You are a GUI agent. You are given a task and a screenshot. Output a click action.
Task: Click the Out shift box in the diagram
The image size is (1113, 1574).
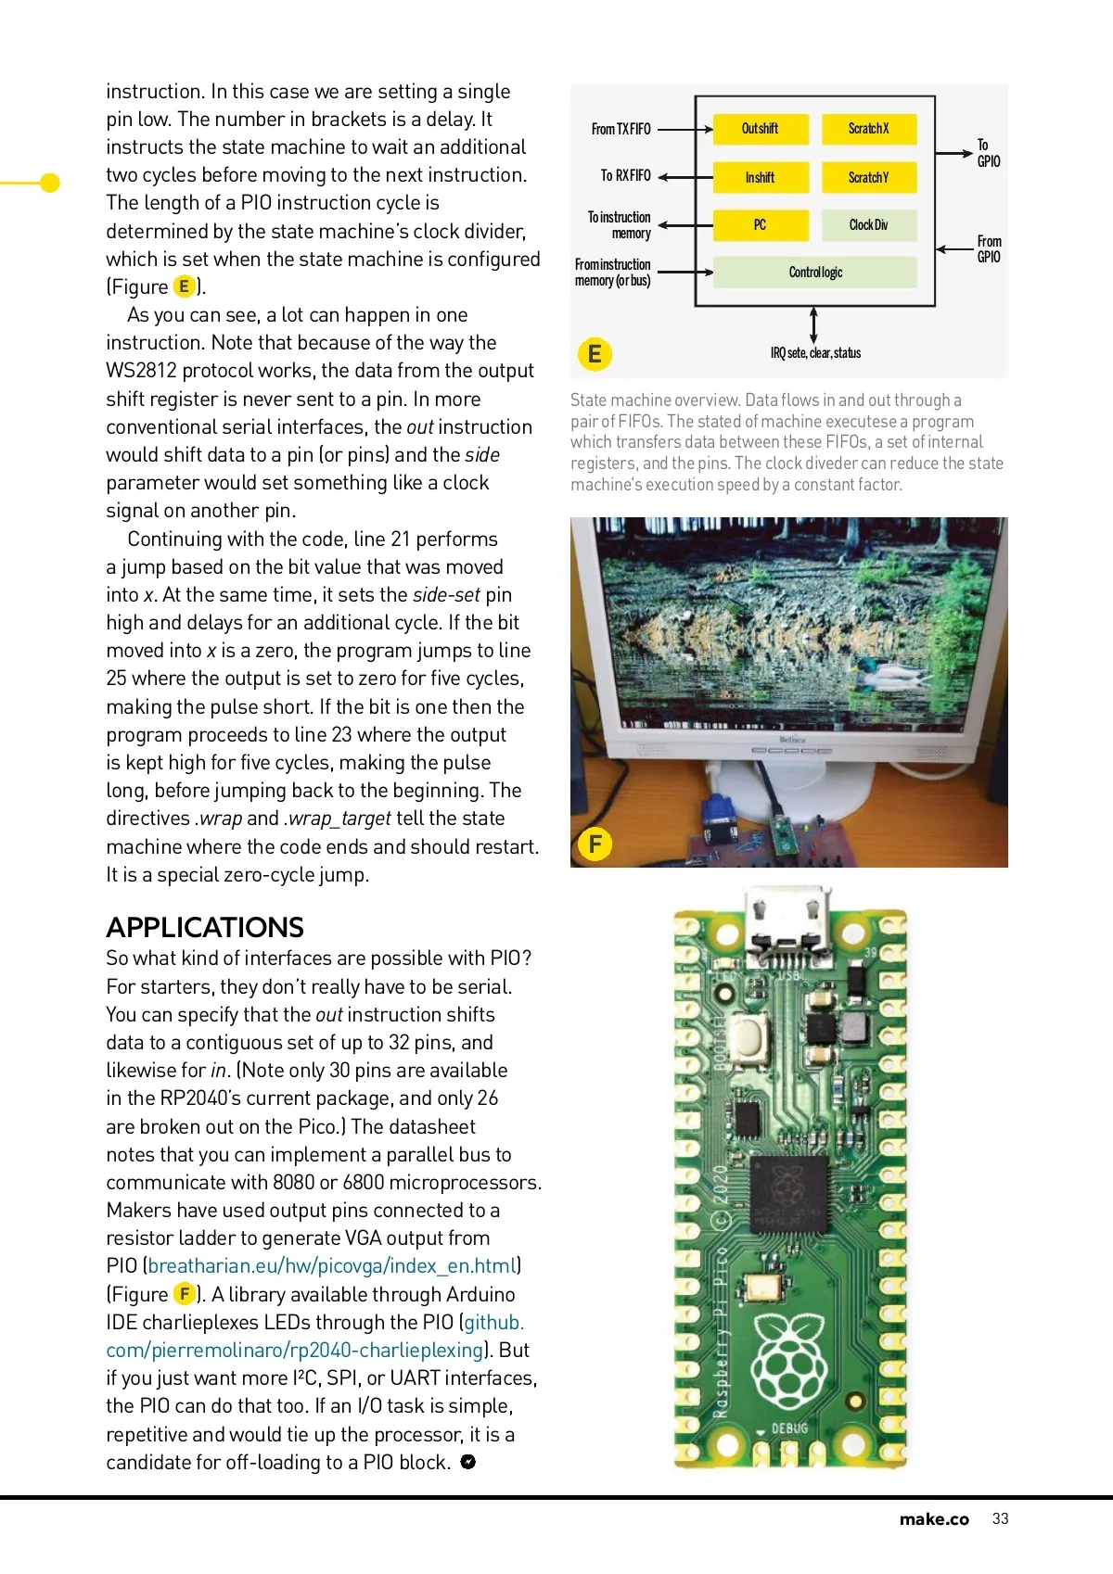(761, 129)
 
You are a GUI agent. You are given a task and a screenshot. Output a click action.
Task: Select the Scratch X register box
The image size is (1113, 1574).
(868, 129)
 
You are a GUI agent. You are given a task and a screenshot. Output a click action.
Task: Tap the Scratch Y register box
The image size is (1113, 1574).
(868, 177)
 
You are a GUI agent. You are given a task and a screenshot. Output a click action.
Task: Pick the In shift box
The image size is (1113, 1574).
(761, 177)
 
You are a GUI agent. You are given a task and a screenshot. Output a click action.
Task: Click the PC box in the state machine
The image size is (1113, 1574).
(761, 224)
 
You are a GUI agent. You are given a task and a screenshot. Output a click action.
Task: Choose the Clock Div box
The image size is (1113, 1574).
(868, 224)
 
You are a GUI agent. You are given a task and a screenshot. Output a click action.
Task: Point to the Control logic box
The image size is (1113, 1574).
(815, 272)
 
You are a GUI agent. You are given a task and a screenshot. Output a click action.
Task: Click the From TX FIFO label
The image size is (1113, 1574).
(621, 129)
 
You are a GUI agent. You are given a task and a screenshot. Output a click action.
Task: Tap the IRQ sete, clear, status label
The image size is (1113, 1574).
(815, 353)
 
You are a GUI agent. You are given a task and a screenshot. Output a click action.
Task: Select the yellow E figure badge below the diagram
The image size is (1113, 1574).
(595, 354)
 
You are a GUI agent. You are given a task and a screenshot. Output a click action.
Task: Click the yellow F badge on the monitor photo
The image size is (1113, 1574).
(595, 844)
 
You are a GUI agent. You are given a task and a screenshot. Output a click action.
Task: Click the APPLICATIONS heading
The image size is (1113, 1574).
(205, 927)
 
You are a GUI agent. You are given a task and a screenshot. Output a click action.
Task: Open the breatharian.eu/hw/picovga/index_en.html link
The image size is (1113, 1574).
(332, 1266)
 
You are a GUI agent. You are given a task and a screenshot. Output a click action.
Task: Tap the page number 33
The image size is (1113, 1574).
(1000, 1518)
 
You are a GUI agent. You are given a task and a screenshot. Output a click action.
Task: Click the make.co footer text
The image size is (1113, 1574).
(933, 1518)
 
